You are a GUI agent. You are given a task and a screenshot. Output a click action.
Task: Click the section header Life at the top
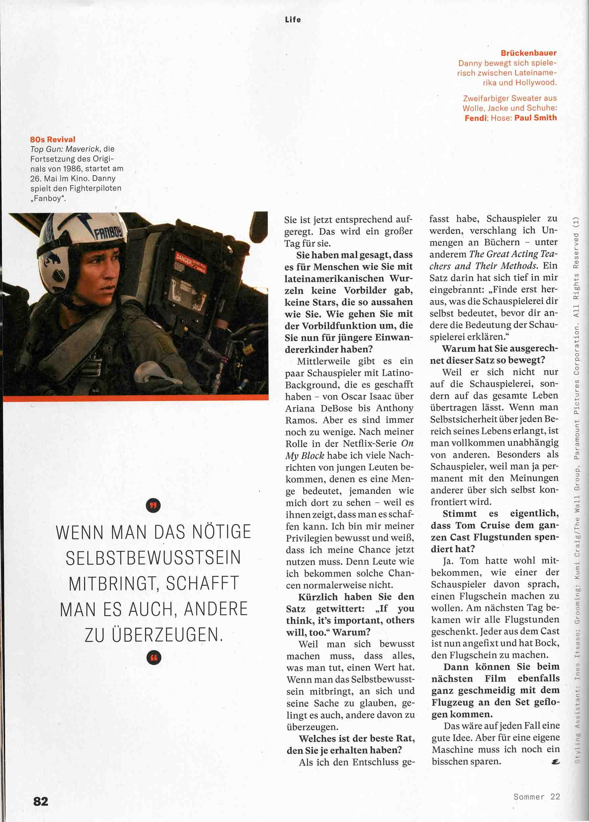(293, 20)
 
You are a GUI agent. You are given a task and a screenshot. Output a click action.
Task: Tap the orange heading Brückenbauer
(529, 53)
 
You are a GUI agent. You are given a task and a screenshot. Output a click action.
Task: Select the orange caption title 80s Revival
(53, 139)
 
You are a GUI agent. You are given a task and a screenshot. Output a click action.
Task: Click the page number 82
(40, 801)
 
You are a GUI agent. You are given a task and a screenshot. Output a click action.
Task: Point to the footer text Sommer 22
(536, 797)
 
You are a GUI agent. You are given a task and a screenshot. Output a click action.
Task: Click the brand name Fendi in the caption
(476, 118)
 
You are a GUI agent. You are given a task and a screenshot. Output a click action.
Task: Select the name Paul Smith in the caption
(535, 118)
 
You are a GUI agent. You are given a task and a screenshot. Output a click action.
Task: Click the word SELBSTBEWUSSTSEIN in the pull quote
(153, 557)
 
